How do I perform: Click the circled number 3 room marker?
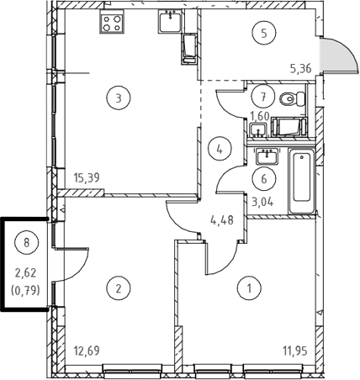point(119,98)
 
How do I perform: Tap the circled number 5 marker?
point(264,33)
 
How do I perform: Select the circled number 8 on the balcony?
point(27,243)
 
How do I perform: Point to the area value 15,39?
point(87,177)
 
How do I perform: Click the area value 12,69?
point(87,351)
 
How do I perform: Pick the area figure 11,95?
point(295,351)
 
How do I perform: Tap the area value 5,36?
point(301,68)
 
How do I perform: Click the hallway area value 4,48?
point(222,220)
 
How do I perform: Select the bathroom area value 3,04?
point(262,202)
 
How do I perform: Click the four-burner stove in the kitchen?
point(112,24)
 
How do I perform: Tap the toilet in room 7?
point(293,98)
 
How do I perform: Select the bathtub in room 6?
point(302,181)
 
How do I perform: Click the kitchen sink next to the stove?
point(170,21)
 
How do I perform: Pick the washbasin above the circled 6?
point(267,156)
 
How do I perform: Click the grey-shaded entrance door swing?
point(339,55)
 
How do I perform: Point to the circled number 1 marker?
point(249,288)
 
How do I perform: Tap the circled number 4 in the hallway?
point(220,150)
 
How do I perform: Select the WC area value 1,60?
point(260,116)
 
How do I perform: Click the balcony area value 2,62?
point(26,273)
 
